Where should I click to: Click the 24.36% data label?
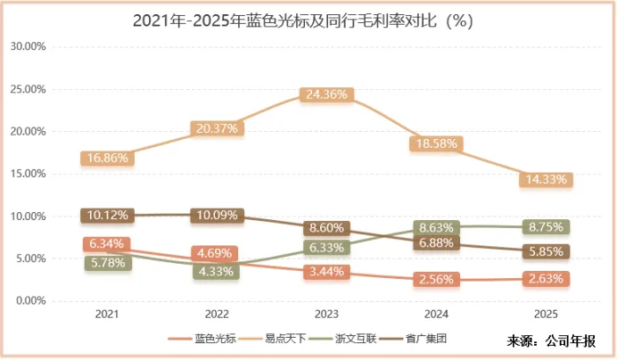[327, 94]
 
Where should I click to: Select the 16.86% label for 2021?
[107, 158]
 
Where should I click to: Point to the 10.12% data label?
[107, 215]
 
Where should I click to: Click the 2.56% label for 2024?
[437, 279]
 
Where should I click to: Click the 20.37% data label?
[217, 128]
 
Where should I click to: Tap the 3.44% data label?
[327, 272]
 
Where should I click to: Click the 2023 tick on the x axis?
[327, 315]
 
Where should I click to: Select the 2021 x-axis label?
[107, 315]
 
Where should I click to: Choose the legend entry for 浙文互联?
[355, 340]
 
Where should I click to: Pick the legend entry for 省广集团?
[425, 340]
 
